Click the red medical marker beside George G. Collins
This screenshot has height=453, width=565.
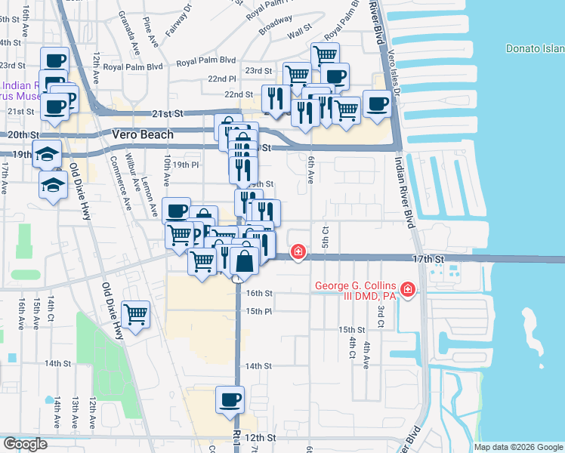click(408, 289)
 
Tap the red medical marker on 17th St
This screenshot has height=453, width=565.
click(299, 251)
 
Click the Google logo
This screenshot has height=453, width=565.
click(25, 444)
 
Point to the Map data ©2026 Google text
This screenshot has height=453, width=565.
click(518, 447)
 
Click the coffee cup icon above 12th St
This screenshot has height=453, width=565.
click(230, 399)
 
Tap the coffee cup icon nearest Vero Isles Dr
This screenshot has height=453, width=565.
click(377, 103)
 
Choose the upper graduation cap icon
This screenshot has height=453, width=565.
click(47, 153)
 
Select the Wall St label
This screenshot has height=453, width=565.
click(299, 32)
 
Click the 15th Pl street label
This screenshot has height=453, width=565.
click(258, 311)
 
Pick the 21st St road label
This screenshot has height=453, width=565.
click(168, 114)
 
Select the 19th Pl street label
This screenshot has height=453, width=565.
click(185, 165)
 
